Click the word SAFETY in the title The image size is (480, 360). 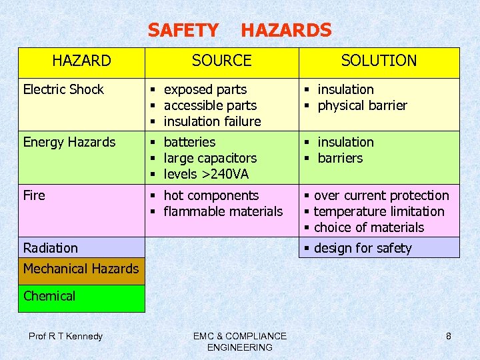(183, 30)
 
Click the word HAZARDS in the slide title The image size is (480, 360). (285, 30)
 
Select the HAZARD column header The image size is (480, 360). (81, 61)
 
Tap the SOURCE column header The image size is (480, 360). (221, 61)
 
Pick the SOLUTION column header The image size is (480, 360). (379, 61)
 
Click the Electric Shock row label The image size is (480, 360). (63, 89)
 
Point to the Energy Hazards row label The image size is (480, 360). (69, 142)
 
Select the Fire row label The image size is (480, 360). (34, 195)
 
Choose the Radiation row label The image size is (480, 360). (51, 248)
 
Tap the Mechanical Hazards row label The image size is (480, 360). (81, 269)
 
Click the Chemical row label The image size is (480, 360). (49, 296)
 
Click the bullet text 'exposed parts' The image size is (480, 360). (205, 89)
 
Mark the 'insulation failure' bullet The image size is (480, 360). (212, 121)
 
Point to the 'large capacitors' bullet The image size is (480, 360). (210, 158)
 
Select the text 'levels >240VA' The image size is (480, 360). (206, 174)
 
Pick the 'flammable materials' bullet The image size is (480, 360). (223, 211)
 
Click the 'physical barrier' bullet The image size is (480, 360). (362, 105)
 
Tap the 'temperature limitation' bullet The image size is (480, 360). (379, 211)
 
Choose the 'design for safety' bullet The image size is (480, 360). (363, 248)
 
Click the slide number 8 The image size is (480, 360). (449, 336)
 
